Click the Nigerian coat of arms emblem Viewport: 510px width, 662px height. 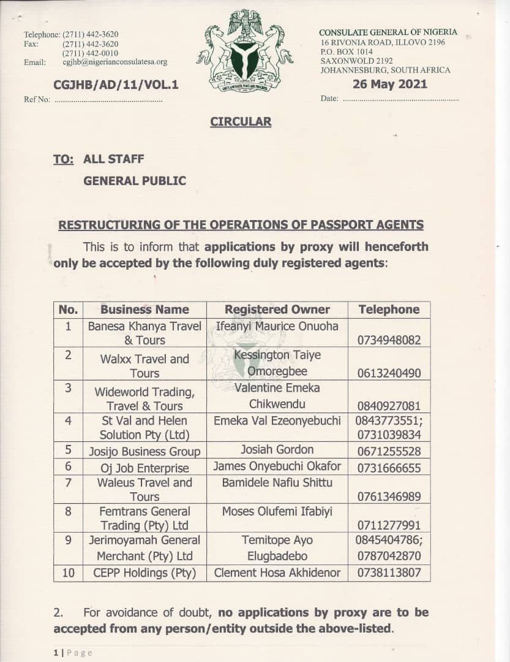tap(245, 50)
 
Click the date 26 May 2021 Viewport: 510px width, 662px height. tap(390, 85)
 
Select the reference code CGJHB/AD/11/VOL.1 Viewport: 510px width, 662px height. tap(116, 85)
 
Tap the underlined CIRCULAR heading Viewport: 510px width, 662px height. tap(241, 121)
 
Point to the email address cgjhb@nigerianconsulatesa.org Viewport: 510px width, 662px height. tap(114, 62)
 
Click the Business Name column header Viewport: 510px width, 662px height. tap(144, 310)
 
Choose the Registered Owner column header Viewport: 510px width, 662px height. tap(277, 310)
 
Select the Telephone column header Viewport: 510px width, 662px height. tap(389, 310)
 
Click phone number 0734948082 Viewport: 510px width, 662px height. tap(389, 340)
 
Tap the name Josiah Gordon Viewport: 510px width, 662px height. tap(277, 450)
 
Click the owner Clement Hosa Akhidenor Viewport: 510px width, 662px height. tap(277, 573)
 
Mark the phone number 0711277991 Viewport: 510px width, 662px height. tap(389, 525)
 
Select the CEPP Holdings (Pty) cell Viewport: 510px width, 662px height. tap(144, 573)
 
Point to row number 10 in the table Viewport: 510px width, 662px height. tap(68, 573)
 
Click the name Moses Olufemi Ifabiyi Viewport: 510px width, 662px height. tap(277, 511)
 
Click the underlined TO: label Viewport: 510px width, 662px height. tap(63, 159)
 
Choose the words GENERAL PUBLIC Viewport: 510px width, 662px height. tap(134, 181)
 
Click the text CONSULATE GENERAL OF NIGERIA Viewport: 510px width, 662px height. tap(388, 32)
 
